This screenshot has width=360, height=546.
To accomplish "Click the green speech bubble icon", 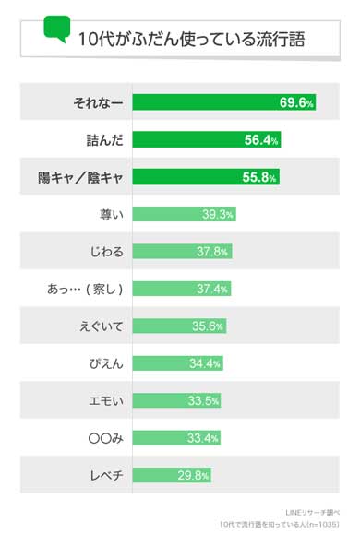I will click(56, 30).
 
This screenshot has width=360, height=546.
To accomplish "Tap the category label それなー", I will click(98, 102).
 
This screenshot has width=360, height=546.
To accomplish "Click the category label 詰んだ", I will click(103, 139).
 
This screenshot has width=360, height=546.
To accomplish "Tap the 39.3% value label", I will click(218, 214).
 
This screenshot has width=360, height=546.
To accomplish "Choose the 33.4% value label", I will click(204, 438).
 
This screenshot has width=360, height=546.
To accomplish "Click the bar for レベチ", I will click(172, 475).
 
